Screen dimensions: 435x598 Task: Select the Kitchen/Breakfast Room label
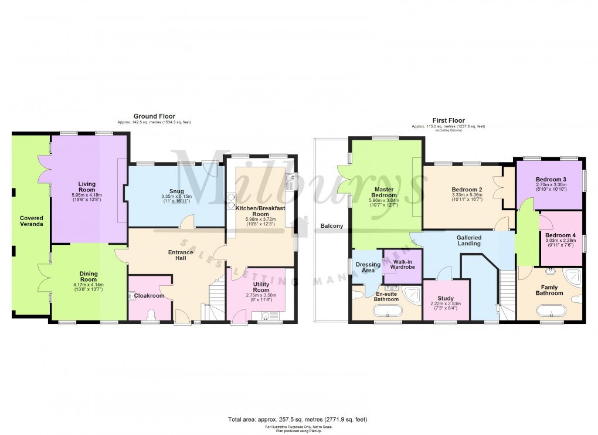coord(260,211)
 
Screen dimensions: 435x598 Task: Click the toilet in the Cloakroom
coord(151,316)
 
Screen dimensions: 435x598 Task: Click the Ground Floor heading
coord(154,116)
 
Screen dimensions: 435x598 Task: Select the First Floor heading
coord(448,120)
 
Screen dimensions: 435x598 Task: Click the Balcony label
coord(331,226)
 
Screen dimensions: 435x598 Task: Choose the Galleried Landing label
coord(468,241)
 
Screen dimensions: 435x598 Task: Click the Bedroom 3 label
coord(551,179)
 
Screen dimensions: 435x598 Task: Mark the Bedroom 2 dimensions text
coord(467,198)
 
